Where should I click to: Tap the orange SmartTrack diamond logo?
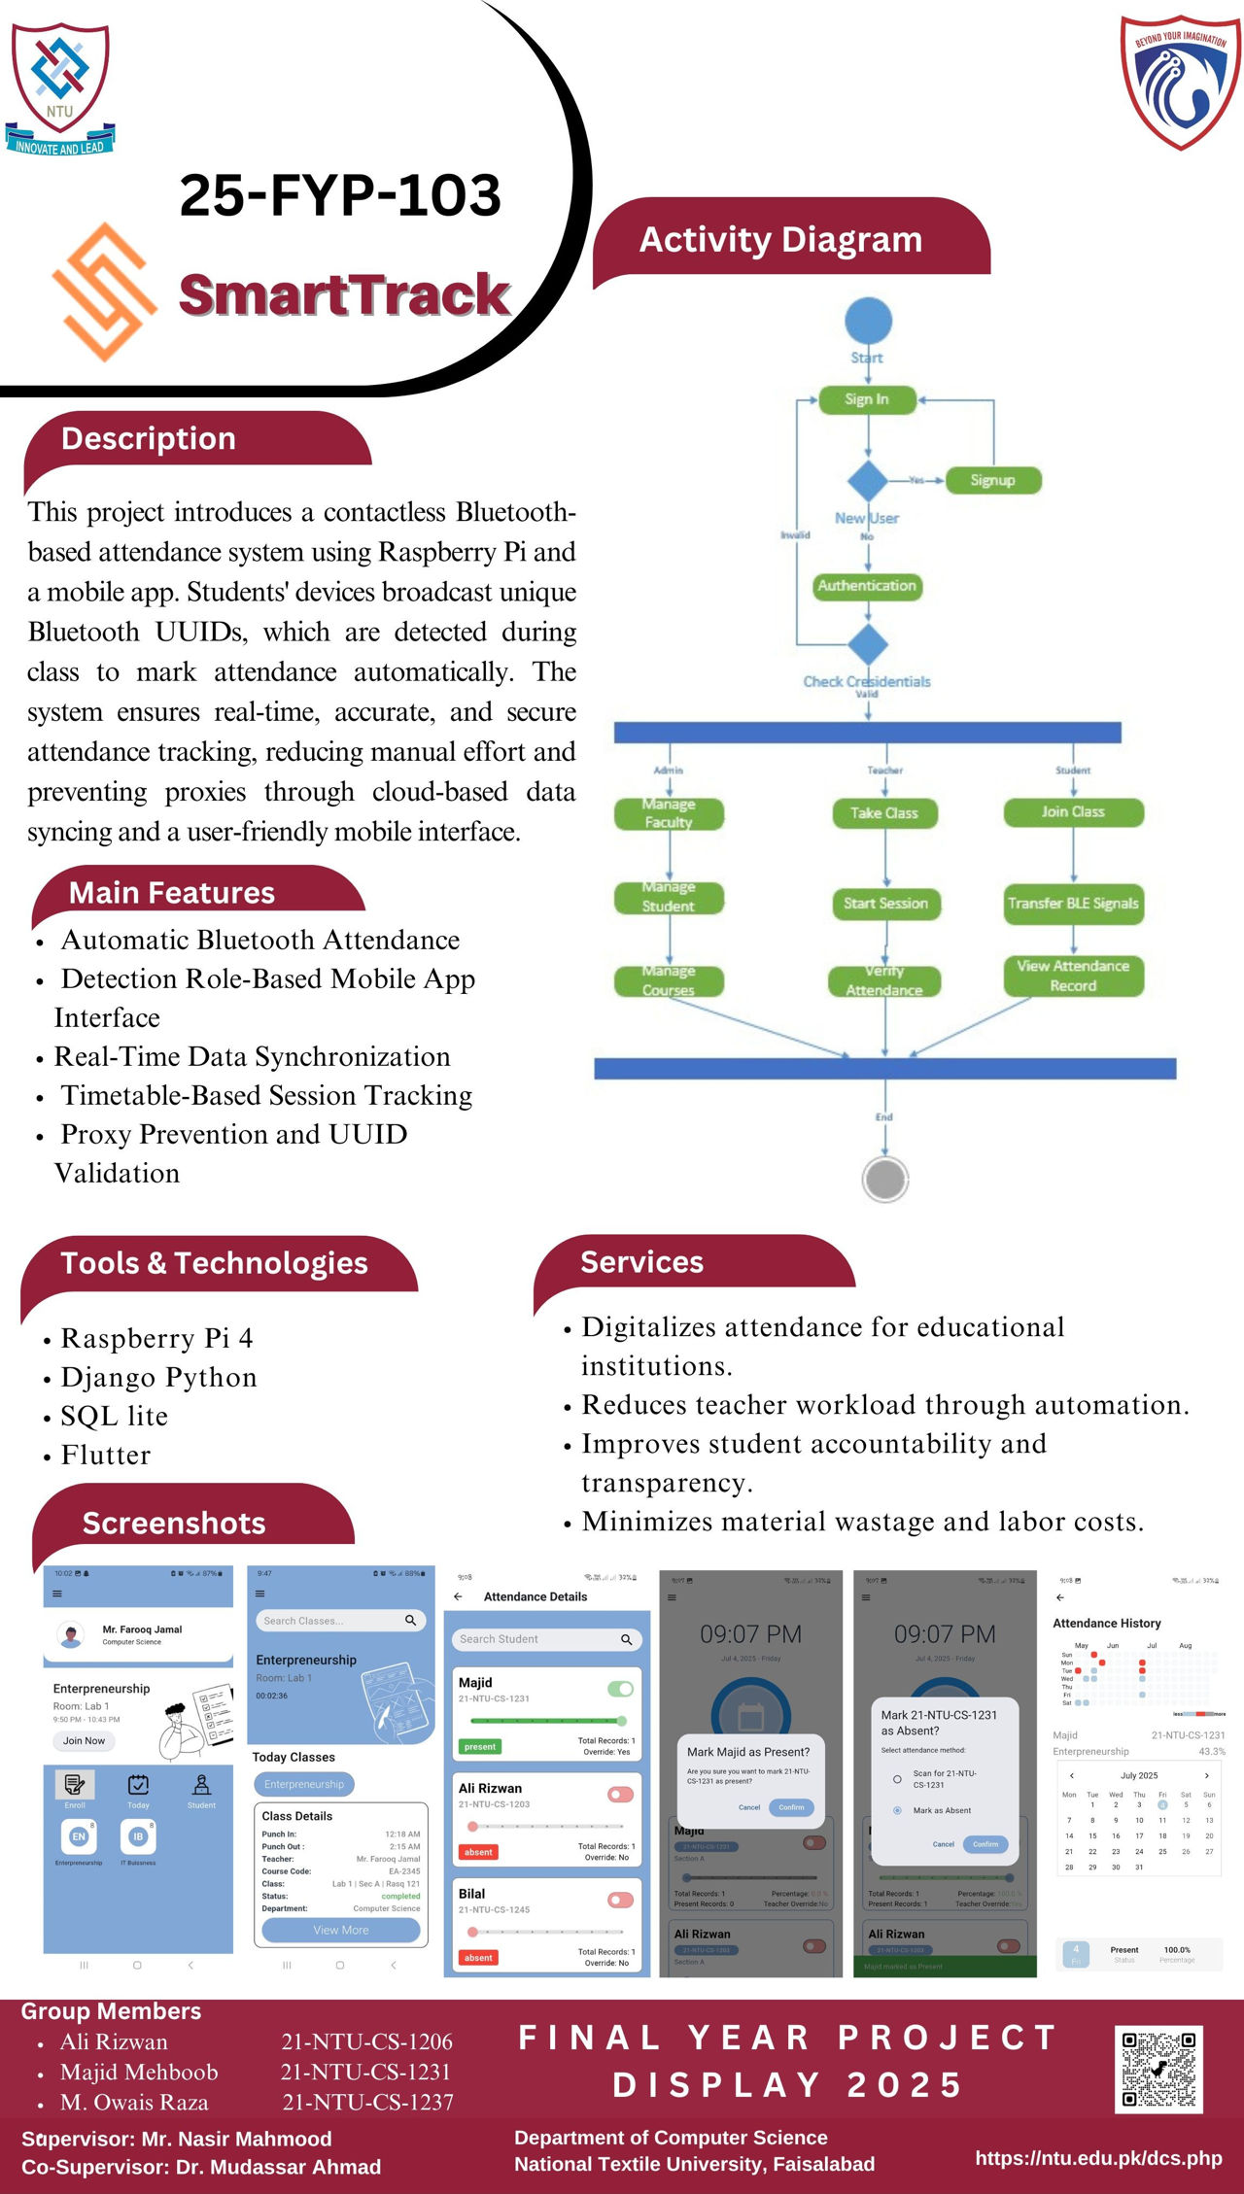click(104, 291)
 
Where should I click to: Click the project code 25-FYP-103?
click(340, 194)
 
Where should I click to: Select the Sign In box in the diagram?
click(867, 399)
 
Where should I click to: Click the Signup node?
click(992, 480)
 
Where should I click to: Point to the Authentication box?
click(867, 586)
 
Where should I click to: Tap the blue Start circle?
click(868, 322)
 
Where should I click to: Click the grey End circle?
click(884, 1179)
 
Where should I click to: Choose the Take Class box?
click(884, 812)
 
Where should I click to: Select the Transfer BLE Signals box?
click(1073, 904)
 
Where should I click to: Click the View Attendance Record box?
click(1073, 976)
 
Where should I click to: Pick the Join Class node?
click(1073, 811)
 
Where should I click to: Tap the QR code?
click(1158, 2069)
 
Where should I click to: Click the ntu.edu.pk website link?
click(1098, 2158)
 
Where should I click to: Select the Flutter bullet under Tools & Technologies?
click(106, 1455)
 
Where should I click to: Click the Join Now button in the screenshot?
click(84, 1740)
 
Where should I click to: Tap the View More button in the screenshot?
click(340, 1930)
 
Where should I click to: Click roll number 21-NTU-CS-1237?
click(367, 2102)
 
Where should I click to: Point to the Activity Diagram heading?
click(780, 240)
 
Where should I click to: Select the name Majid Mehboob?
click(139, 2072)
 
